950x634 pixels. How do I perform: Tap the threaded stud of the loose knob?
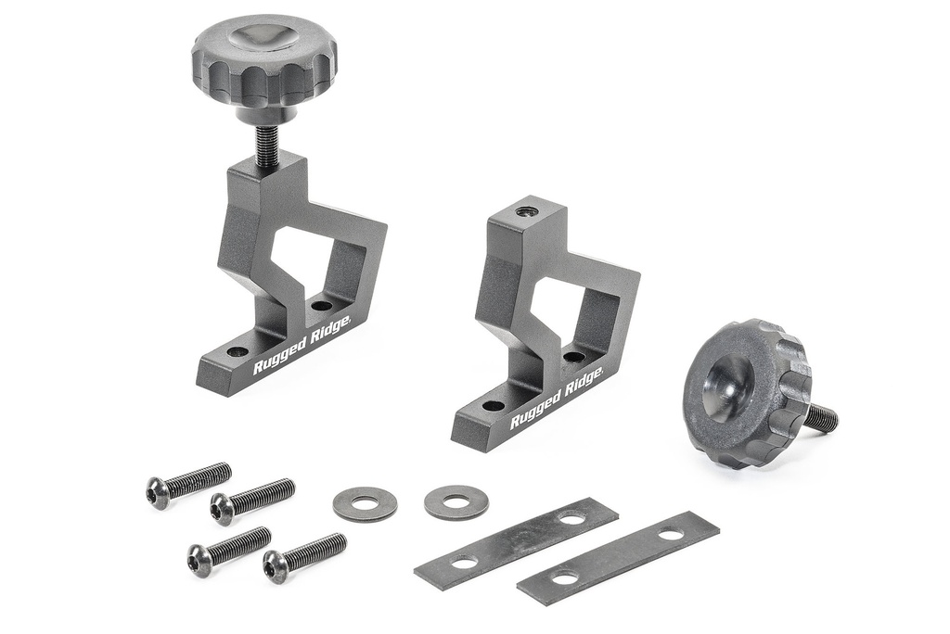tap(820, 418)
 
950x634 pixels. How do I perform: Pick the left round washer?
tap(365, 503)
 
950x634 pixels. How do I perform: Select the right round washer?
tap(456, 502)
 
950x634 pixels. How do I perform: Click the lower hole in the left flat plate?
tap(464, 562)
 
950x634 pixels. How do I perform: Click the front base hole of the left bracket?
tap(237, 352)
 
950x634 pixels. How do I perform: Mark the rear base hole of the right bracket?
tap(574, 357)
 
